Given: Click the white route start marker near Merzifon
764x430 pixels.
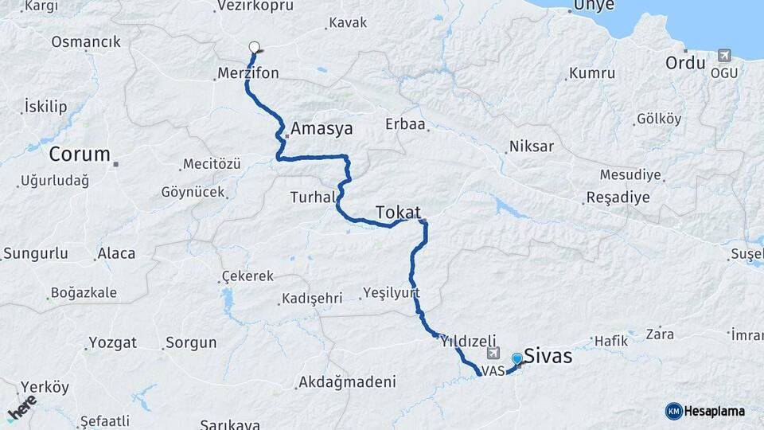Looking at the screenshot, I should pyautogui.click(x=254, y=46).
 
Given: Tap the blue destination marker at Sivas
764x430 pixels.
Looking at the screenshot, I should pyautogui.click(x=517, y=359).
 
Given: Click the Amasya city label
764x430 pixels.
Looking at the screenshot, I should pyautogui.click(x=322, y=129).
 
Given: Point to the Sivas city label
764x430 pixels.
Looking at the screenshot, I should pyautogui.click(x=549, y=357).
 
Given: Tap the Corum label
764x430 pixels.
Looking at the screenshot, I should pyautogui.click(x=79, y=154).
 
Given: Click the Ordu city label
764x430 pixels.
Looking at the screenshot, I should pyautogui.click(x=686, y=63).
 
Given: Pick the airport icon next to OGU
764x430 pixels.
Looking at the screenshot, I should pyautogui.click(x=724, y=55).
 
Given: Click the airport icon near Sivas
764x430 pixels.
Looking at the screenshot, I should pyautogui.click(x=493, y=354).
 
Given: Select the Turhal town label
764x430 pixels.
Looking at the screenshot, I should pyautogui.click(x=310, y=197).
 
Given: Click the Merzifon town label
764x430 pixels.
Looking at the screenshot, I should pyautogui.click(x=248, y=74).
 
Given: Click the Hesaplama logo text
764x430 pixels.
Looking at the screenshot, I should pyautogui.click(x=714, y=411).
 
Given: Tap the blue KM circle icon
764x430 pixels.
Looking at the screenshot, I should pyautogui.click(x=673, y=411).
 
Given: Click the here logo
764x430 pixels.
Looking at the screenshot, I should pyautogui.click(x=22, y=408).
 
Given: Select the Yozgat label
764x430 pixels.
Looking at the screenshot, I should pyautogui.click(x=112, y=343).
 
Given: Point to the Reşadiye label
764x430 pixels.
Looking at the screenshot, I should pyautogui.click(x=618, y=197).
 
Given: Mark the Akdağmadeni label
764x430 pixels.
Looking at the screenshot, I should pyautogui.click(x=347, y=383).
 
